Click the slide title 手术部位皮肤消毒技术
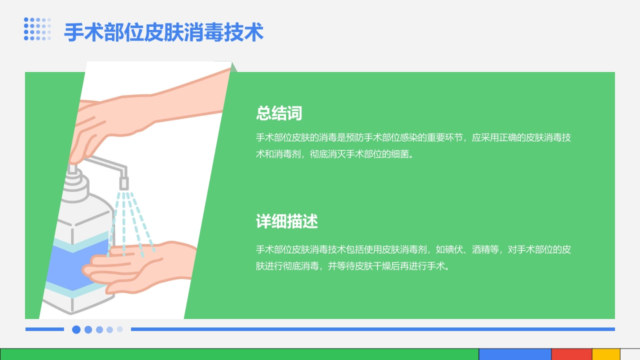pos(163,33)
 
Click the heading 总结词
pos(279,113)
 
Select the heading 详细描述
pos(287,221)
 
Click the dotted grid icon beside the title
pos(37,29)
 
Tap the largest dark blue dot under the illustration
pos(76,329)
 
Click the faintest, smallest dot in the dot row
pos(120,329)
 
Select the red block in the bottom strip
pos(571,354)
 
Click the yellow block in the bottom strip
pos(606,354)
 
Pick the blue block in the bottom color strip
pos(515,354)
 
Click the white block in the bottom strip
pos(630,354)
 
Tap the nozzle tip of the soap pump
pos(123,183)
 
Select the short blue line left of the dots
pos(44,329)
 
